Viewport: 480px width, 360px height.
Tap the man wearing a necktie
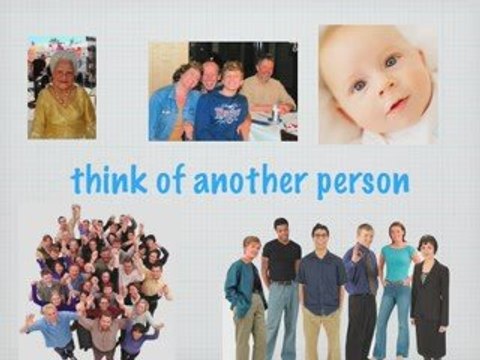tap(363, 285)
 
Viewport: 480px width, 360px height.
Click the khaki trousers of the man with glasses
tap(321, 335)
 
